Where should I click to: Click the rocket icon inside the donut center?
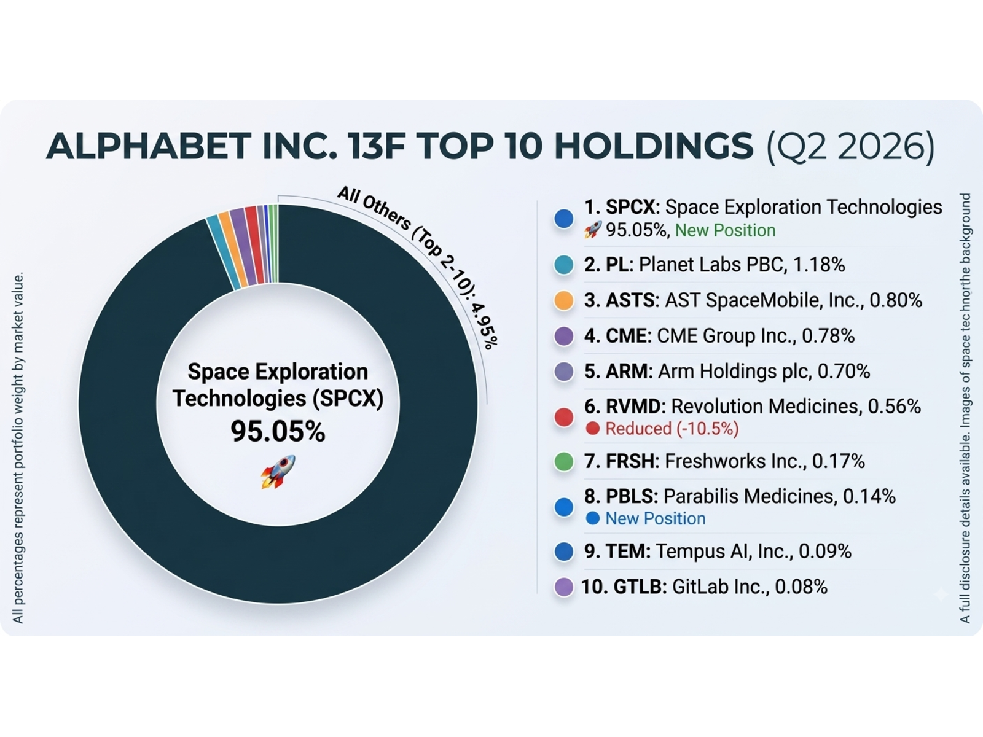[278, 472]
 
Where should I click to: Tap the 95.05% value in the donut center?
[278, 432]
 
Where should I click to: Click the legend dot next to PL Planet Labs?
[563, 265]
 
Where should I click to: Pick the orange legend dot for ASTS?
[563, 301]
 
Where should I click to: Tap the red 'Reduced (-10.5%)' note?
[672, 429]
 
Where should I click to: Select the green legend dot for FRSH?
[563, 462]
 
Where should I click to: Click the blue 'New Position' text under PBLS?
[655, 518]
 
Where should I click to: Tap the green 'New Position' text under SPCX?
[725, 230]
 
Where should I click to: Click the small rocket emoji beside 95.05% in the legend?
[592, 230]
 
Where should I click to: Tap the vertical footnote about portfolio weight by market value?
[18, 448]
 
